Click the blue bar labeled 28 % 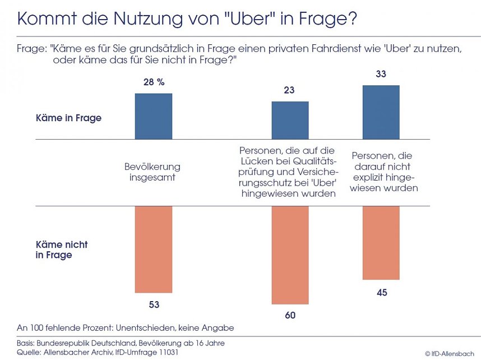click(153, 116)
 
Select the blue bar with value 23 click(290, 120)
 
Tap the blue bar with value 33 click(381, 112)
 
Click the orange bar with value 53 click(153, 249)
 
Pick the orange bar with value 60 click(290, 255)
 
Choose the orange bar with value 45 click(381, 243)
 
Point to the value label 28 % click(154, 82)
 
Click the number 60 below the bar click(290, 315)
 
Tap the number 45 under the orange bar click(381, 292)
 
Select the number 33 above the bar click(381, 74)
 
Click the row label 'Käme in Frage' click(68, 118)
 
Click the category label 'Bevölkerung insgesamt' click(152, 172)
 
